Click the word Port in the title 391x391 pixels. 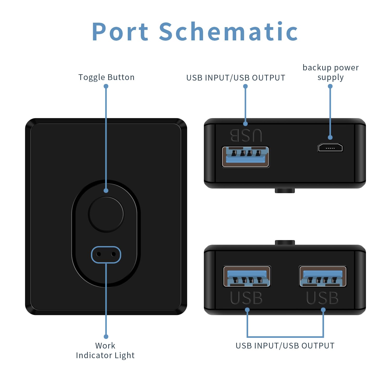[x=120, y=32]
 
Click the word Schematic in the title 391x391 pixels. [x=228, y=32]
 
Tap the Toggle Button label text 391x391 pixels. [x=106, y=77]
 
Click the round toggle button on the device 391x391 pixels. [x=106, y=214]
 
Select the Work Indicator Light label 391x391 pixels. [x=105, y=350]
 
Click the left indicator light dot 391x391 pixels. [x=99, y=254]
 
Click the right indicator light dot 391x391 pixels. [x=113, y=254]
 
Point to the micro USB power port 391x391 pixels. [x=330, y=148]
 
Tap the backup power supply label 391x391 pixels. [x=331, y=72]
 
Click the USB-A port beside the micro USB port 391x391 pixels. [x=245, y=157]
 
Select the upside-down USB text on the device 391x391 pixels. [x=246, y=136]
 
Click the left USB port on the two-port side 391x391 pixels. [x=247, y=277]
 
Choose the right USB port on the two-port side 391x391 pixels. [x=323, y=277]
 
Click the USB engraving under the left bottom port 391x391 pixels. [x=246, y=298]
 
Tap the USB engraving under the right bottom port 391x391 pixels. [x=322, y=298]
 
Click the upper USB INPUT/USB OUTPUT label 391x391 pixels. [x=236, y=78]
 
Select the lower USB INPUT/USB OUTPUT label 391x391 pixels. [x=285, y=346]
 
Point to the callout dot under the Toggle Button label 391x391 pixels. [x=106, y=86]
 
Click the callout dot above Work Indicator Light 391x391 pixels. [x=106, y=337]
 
